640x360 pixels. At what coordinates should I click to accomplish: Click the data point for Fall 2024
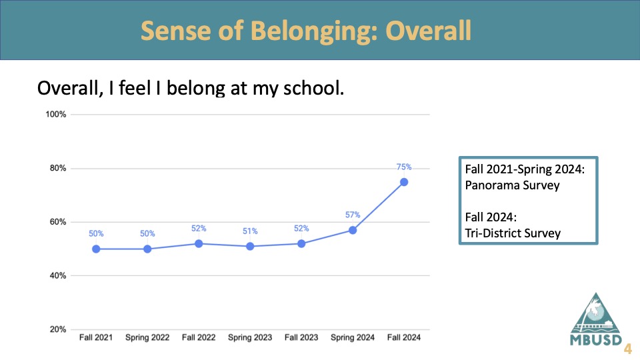pos(404,182)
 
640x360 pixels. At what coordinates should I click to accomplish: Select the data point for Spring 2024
pos(353,230)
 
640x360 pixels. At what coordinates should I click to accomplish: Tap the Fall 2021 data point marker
pos(96,249)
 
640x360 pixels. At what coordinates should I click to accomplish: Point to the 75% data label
pos(404,167)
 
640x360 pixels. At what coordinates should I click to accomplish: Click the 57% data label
pos(353,215)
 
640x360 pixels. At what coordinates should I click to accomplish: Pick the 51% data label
pos(250,231)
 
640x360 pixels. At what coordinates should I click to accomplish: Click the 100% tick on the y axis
pos(55,114)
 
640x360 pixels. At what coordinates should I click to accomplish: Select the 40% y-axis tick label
pos(57,275)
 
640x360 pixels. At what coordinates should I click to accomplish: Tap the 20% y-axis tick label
pos(57,329)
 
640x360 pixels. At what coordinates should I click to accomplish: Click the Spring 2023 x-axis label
pos(250,337)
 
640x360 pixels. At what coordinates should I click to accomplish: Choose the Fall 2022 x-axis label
pos(199,337)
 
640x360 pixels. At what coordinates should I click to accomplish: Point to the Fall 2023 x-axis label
pos(301,337)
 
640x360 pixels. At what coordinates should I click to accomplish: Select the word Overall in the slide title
pos(428,30)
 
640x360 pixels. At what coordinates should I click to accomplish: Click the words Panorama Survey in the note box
pos(512,185)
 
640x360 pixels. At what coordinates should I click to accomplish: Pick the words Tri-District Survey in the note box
pos(513,233)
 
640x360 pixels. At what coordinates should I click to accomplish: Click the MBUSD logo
pos(596,319)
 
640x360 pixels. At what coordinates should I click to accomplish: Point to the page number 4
pos(628,349)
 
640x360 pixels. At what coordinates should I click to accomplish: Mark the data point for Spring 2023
pos(250,246)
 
